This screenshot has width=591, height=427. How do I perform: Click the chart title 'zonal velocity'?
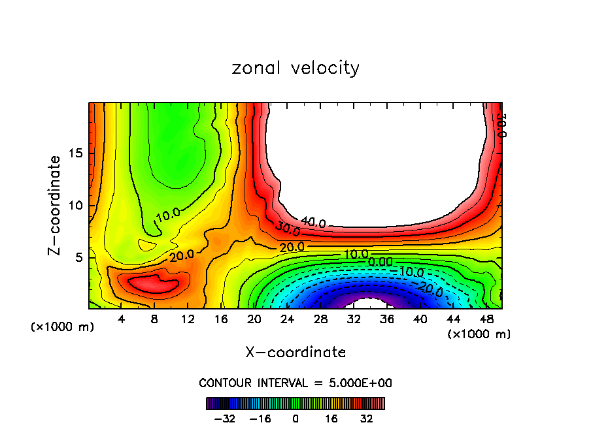295,68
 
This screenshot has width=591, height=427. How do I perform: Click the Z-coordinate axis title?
55,205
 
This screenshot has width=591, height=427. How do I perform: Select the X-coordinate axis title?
295,353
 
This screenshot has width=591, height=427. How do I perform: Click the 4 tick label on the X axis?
121,319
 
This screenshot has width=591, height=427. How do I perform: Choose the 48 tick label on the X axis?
486,319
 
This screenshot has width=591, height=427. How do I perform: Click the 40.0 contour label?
313,223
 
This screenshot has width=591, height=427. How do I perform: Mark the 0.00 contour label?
380,262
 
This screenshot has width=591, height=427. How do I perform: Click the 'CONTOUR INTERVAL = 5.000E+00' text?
295,383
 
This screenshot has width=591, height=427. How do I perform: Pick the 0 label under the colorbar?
295,418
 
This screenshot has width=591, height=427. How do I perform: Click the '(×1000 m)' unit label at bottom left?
63,327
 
